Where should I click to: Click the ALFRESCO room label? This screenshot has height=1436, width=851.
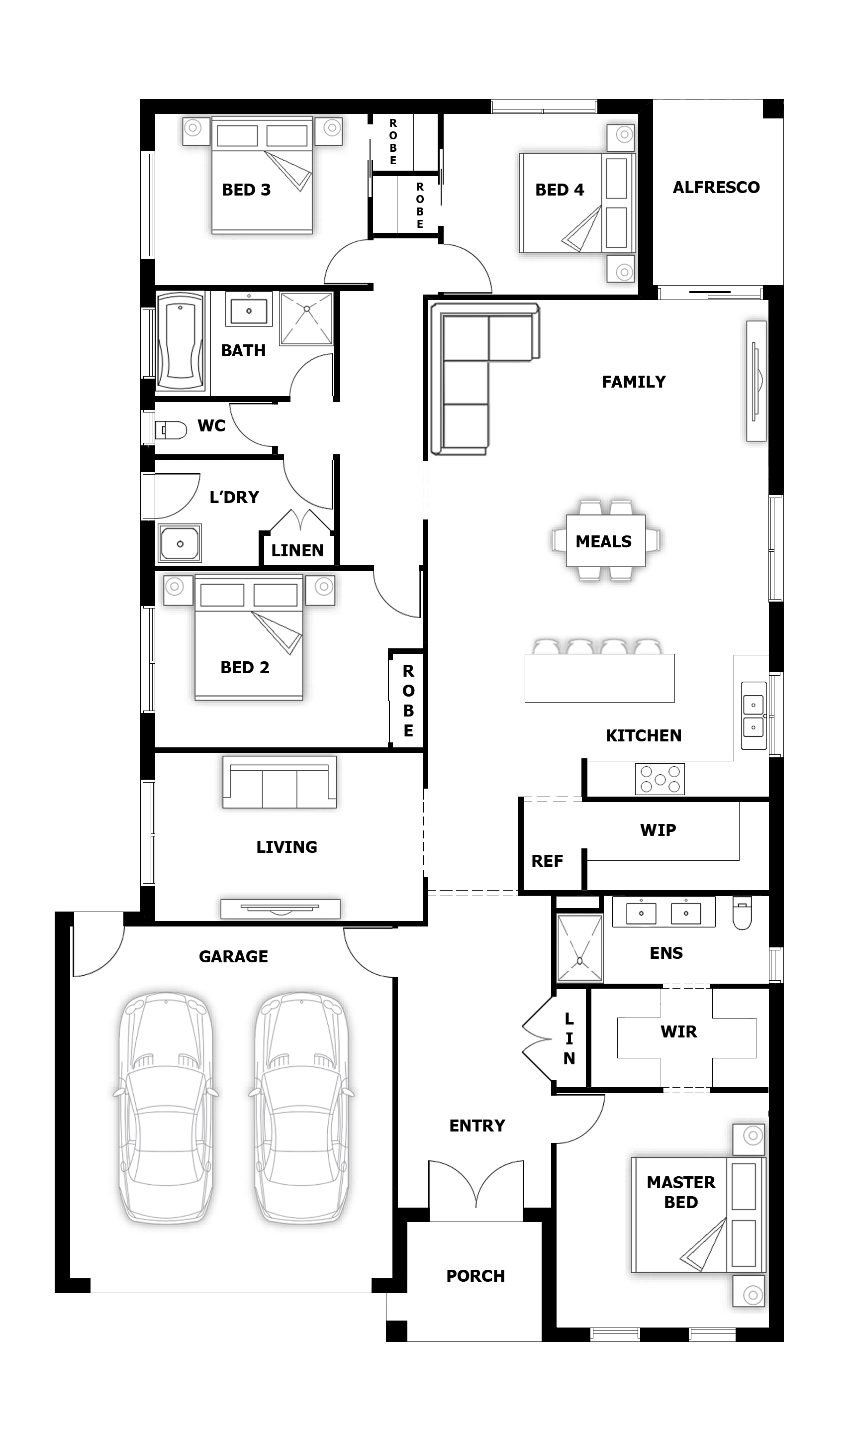[x=716, y=187]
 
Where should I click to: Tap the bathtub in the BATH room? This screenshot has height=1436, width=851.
[x=180, y=341]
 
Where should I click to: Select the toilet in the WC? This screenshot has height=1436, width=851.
[x=171, y=430]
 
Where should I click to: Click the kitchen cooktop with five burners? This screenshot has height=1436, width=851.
[x=660, y=779]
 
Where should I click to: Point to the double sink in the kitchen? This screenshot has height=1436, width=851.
[x=754, y=716]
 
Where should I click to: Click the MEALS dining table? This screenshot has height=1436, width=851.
[x=606, y=540]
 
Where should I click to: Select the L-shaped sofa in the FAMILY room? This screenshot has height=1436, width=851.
[x=484, y=379]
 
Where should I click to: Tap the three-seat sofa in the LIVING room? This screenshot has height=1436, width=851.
[x=279, y=782]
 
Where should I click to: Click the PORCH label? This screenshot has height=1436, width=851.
[x=475, y=1276]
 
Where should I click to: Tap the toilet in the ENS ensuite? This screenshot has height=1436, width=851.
[x=742, y=913]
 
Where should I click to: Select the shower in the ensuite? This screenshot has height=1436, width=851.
[x=580, y=948]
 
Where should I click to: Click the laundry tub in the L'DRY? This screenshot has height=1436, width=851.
[x=180, y=543]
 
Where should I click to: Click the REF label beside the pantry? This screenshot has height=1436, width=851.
[x=547, y=861]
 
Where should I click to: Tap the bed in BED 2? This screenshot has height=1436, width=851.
[x=249, y=637]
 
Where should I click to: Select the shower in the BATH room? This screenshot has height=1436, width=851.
[x=307, y=318]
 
